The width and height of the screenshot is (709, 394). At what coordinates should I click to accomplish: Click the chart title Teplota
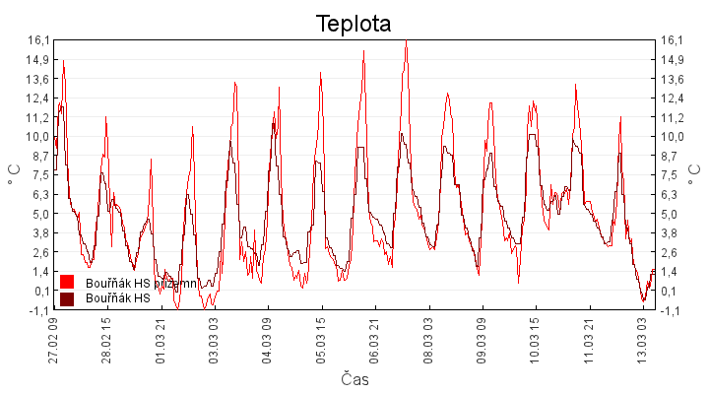354,24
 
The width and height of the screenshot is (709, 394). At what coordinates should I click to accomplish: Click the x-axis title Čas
354,379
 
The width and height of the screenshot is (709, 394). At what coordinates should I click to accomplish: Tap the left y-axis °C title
15,173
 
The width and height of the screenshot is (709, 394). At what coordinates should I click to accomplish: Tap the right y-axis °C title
695,173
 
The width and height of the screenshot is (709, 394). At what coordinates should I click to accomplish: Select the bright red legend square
67,283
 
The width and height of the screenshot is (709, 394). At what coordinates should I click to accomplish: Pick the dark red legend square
67,298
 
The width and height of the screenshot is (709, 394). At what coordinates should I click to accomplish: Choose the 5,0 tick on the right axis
670,214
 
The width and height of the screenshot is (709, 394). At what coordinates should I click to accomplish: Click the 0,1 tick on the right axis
670,291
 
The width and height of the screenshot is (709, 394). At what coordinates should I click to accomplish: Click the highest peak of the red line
406,41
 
